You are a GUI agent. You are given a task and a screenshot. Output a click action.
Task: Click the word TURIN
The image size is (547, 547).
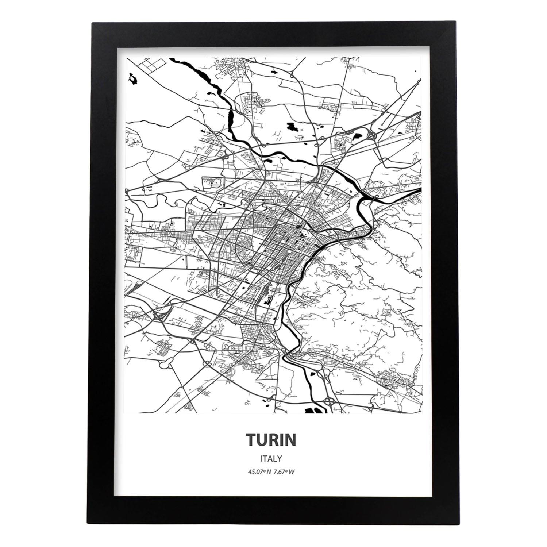pyautogui.click(x=270, y=440)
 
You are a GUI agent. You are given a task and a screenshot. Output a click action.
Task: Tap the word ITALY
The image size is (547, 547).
pyautogui.click(x=270, y=458)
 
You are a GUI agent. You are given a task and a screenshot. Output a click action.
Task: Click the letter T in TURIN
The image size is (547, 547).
pyautogui.click(x=251, y=440)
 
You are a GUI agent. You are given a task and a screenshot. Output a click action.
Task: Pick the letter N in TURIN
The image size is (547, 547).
pyautogui.click(x=290, y=440)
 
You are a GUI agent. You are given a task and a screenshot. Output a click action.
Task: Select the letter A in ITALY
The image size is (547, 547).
pyautogui.click(x=270, y=458)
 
